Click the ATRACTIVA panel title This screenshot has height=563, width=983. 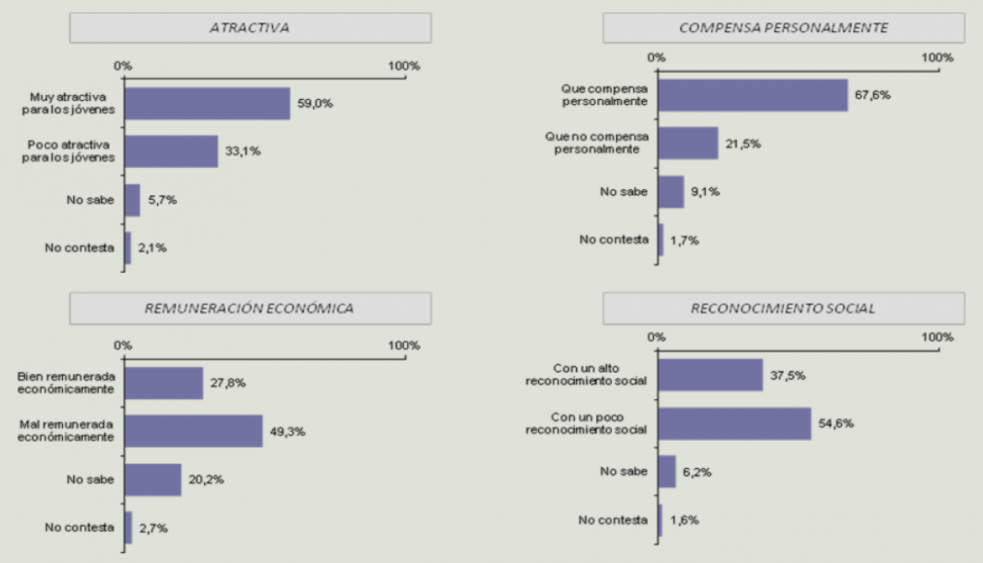(250, 28)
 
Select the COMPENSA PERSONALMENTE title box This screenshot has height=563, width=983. (783, 28)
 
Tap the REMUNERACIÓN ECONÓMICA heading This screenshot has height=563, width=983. (250, 308)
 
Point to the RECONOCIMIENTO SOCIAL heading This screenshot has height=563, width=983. (783, 308)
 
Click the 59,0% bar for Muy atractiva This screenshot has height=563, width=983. (207, 103)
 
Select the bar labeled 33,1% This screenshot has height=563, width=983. (171, 152)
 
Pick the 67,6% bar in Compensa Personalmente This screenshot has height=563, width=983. (753, 95)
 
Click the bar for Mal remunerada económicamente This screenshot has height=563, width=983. (193, 431)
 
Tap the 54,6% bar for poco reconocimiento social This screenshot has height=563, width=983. (735, 424)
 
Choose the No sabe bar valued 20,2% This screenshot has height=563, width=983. (152, 479)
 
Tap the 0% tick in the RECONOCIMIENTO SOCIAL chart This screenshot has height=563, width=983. (656, 337)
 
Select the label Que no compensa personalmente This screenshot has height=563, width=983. (596, 143)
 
